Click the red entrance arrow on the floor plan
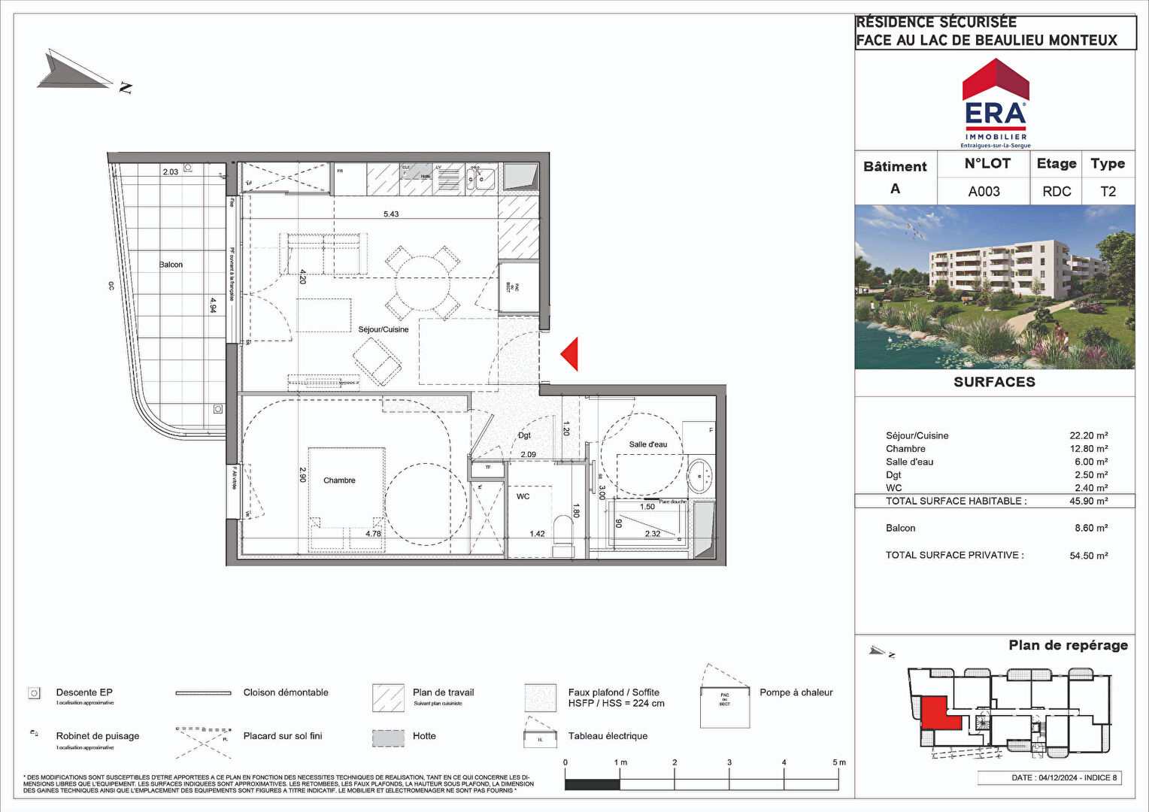pos(570,354)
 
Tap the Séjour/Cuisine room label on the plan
pos(384,329)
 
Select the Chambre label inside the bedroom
pos(339,480)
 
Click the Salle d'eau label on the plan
pos(647,444)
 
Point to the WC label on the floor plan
pos(523,496)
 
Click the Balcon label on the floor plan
pos(171,265)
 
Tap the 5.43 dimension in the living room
pos(391,214)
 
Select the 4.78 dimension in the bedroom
pos(373,534)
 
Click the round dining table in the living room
pos(423,282)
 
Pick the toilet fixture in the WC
pos(562,530)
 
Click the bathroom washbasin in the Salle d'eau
pos(700,475)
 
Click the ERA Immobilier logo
pos(996,104)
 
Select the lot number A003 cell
pos(984,192)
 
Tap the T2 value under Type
pos(1108,192)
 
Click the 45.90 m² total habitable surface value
pos(1088,501)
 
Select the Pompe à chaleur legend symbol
pos(725,701)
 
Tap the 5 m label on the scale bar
pos(838,762)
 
